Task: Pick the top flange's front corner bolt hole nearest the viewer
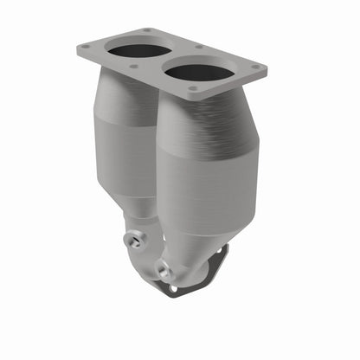[x=192, y=89]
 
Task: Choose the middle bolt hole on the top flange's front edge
[x=133, y=67]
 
